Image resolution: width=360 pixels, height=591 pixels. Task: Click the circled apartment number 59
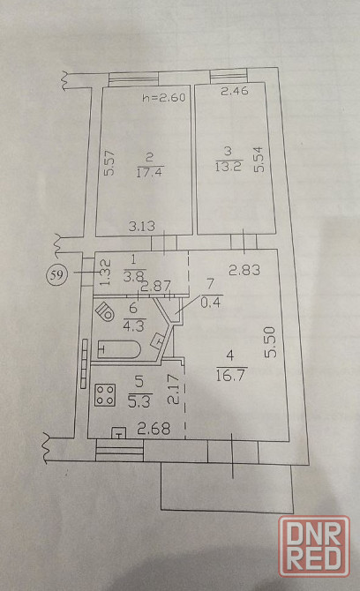[x=56, y=275]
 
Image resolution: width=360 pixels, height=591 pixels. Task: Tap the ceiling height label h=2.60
[x=163, y=98]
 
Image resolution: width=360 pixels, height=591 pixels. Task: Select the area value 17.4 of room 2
[x=150, y=172]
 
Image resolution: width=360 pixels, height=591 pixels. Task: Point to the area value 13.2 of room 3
[x=229, y=166]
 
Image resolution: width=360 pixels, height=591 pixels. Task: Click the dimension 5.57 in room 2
[x=109, y=163]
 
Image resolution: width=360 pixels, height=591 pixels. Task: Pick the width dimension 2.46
[x=235, y=91]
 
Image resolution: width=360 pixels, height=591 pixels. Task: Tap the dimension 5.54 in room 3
[x=259, y=160]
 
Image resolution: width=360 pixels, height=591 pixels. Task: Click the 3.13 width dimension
[x=142, y=226]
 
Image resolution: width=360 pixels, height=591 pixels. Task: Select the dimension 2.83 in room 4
[x=244, y=270]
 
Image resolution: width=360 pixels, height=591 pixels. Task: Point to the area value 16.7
[x=231, y=376]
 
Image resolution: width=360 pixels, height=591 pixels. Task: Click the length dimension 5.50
[x=271, y=342]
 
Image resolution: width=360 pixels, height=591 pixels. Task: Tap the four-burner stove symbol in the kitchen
[x=105, y=395]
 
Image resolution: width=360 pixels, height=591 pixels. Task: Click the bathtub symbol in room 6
[x=119, y=349]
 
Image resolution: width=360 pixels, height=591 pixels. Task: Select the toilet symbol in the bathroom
[x=105, y=311]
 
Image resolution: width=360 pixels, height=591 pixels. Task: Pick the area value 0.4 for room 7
[x=212, y=303]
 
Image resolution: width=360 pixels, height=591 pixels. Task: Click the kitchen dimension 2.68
[x=154, y=429]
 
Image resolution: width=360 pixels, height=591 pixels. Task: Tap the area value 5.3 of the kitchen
[x=139, y=402]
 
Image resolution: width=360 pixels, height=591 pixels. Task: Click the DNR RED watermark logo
[x=314, y=546]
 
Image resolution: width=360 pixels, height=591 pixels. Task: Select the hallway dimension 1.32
[x=105, y=273]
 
